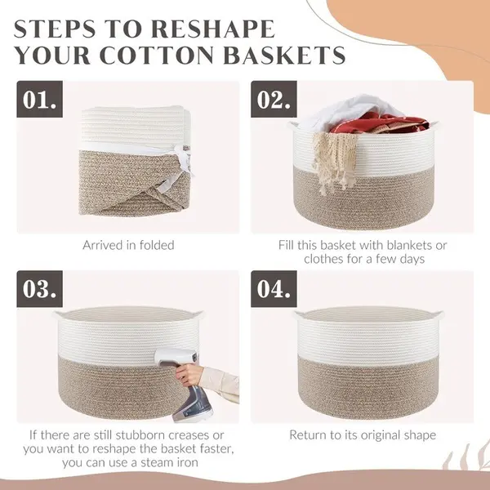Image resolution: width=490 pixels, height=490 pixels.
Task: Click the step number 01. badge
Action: coord(40,99)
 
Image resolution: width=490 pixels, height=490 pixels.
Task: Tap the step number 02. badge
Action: coord(274,99)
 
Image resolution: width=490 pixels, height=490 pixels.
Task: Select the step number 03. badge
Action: coord(40,289)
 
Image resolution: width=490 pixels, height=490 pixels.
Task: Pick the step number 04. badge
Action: coord(274,289)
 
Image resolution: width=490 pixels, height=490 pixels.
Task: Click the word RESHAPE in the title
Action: coord(214,29)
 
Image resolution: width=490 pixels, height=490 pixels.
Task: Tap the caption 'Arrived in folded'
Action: coord(128,245)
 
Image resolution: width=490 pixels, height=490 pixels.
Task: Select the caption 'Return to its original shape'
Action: coord(363,435)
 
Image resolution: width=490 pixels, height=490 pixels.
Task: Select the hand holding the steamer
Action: coord(188,375)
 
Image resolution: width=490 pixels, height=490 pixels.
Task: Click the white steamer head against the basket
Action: coord(176,358)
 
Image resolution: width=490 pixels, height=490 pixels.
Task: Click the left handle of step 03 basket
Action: coord(59,314)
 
